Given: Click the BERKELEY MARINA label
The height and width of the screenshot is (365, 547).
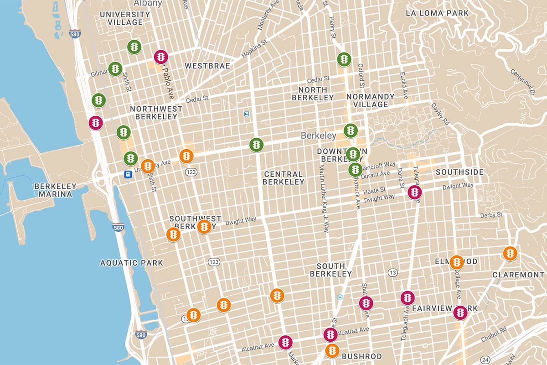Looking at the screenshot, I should tap(53, 190).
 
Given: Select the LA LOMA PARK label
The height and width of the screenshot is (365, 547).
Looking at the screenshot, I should tap(437, 13).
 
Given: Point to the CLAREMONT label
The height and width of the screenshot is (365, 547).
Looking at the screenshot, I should tap(518, 275).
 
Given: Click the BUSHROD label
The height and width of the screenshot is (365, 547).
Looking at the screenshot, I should tap(361, 355).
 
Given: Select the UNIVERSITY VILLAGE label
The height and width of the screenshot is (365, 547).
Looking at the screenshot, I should tap(125, 18).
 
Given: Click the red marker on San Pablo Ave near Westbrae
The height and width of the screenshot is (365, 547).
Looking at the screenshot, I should tap(161, 57).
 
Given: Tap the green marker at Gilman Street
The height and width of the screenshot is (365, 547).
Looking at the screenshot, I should tap(115, 69).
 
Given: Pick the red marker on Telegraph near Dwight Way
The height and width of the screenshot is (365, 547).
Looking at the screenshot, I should tap(414, 192).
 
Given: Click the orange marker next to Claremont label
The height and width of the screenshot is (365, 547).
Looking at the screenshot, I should tap(510, 253).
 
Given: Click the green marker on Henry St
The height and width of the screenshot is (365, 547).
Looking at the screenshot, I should tap(344, 59).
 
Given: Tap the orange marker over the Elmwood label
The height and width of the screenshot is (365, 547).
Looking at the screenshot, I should tap(456, 262).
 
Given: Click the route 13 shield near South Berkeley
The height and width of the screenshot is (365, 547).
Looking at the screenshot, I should tap(392, 272).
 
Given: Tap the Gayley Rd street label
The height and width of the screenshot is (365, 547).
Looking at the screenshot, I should tap(440, 114).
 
